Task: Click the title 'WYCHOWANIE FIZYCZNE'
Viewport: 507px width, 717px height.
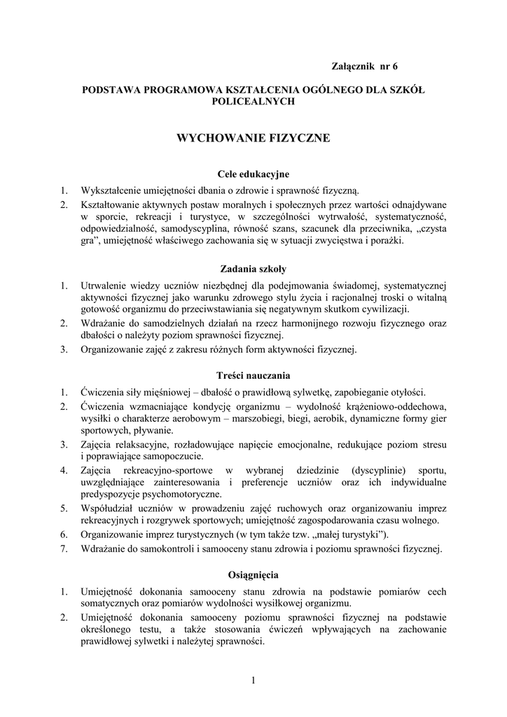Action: tap(253, 139)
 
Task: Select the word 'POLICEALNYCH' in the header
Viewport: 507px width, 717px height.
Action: tap(253, 102)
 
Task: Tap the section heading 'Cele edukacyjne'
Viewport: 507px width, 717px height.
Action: tap(253, 174)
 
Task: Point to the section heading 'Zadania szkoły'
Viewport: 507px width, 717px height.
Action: tap(253, 268)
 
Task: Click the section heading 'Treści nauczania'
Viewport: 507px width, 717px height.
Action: tap(253, 375)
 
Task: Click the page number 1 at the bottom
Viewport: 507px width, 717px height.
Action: tap(253, 680)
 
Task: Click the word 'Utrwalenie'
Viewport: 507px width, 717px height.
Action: tap(105, 285)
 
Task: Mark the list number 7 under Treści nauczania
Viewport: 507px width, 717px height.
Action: tap(63, 548)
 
